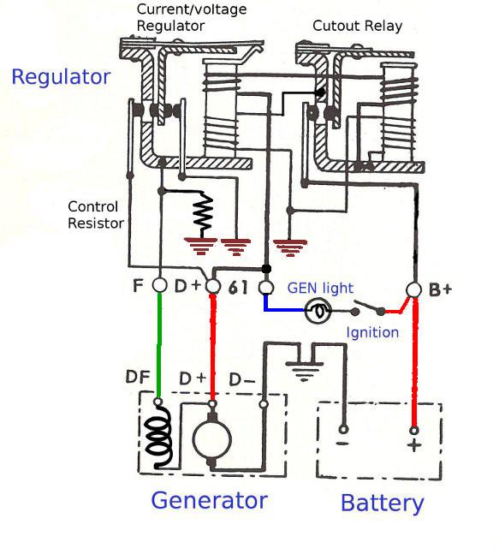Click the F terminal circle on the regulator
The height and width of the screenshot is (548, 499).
point(160,285)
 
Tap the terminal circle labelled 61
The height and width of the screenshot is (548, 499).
point(266,288)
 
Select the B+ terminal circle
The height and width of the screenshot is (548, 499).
point(414,290)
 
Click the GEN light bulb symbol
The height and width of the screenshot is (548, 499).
point(318,311)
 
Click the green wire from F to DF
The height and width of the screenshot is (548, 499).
point(160,345)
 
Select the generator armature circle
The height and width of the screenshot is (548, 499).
point(212,439)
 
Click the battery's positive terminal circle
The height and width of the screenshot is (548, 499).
point(414,430)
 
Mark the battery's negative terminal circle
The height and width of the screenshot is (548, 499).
point(343,429)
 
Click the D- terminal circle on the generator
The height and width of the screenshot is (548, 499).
point(264,404)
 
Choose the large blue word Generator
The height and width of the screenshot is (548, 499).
point(210,500)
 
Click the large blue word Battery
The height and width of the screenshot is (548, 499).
point(383,503)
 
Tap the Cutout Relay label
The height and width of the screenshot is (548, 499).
point(358,26)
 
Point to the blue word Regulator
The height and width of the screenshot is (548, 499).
point(61,78)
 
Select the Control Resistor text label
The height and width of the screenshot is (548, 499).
point(96,215)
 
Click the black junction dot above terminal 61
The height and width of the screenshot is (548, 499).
point(267,269)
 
